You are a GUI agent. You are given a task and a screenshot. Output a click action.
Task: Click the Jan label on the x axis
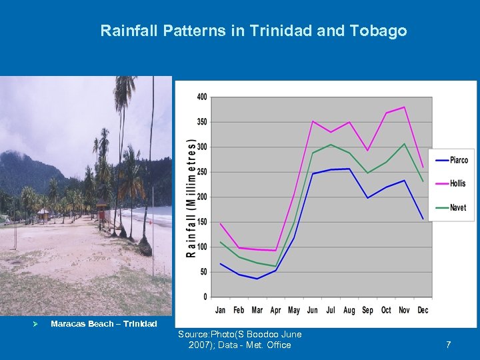(221, 310)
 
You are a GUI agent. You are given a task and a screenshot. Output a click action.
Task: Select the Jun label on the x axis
(312, 310)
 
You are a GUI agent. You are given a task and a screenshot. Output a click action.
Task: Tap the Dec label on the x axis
(423, 310)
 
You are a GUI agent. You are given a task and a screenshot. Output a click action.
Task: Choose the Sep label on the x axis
(367, 310)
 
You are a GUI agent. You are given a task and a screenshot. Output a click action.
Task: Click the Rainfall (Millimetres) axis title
(191, 198)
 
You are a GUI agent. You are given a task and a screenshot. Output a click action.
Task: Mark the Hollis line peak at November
(404, 107)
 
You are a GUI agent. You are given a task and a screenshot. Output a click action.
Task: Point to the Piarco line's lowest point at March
(257, 279)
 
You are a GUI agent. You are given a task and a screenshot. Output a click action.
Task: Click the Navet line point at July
(331, 145)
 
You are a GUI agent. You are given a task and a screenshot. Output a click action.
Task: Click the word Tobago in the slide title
(383, 31)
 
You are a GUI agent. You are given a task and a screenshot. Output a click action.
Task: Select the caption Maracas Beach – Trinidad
(104, 324)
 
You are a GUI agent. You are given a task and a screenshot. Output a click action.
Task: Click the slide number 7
(448, 345)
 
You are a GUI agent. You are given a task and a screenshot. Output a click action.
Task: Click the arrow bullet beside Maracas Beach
(23, 324)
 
